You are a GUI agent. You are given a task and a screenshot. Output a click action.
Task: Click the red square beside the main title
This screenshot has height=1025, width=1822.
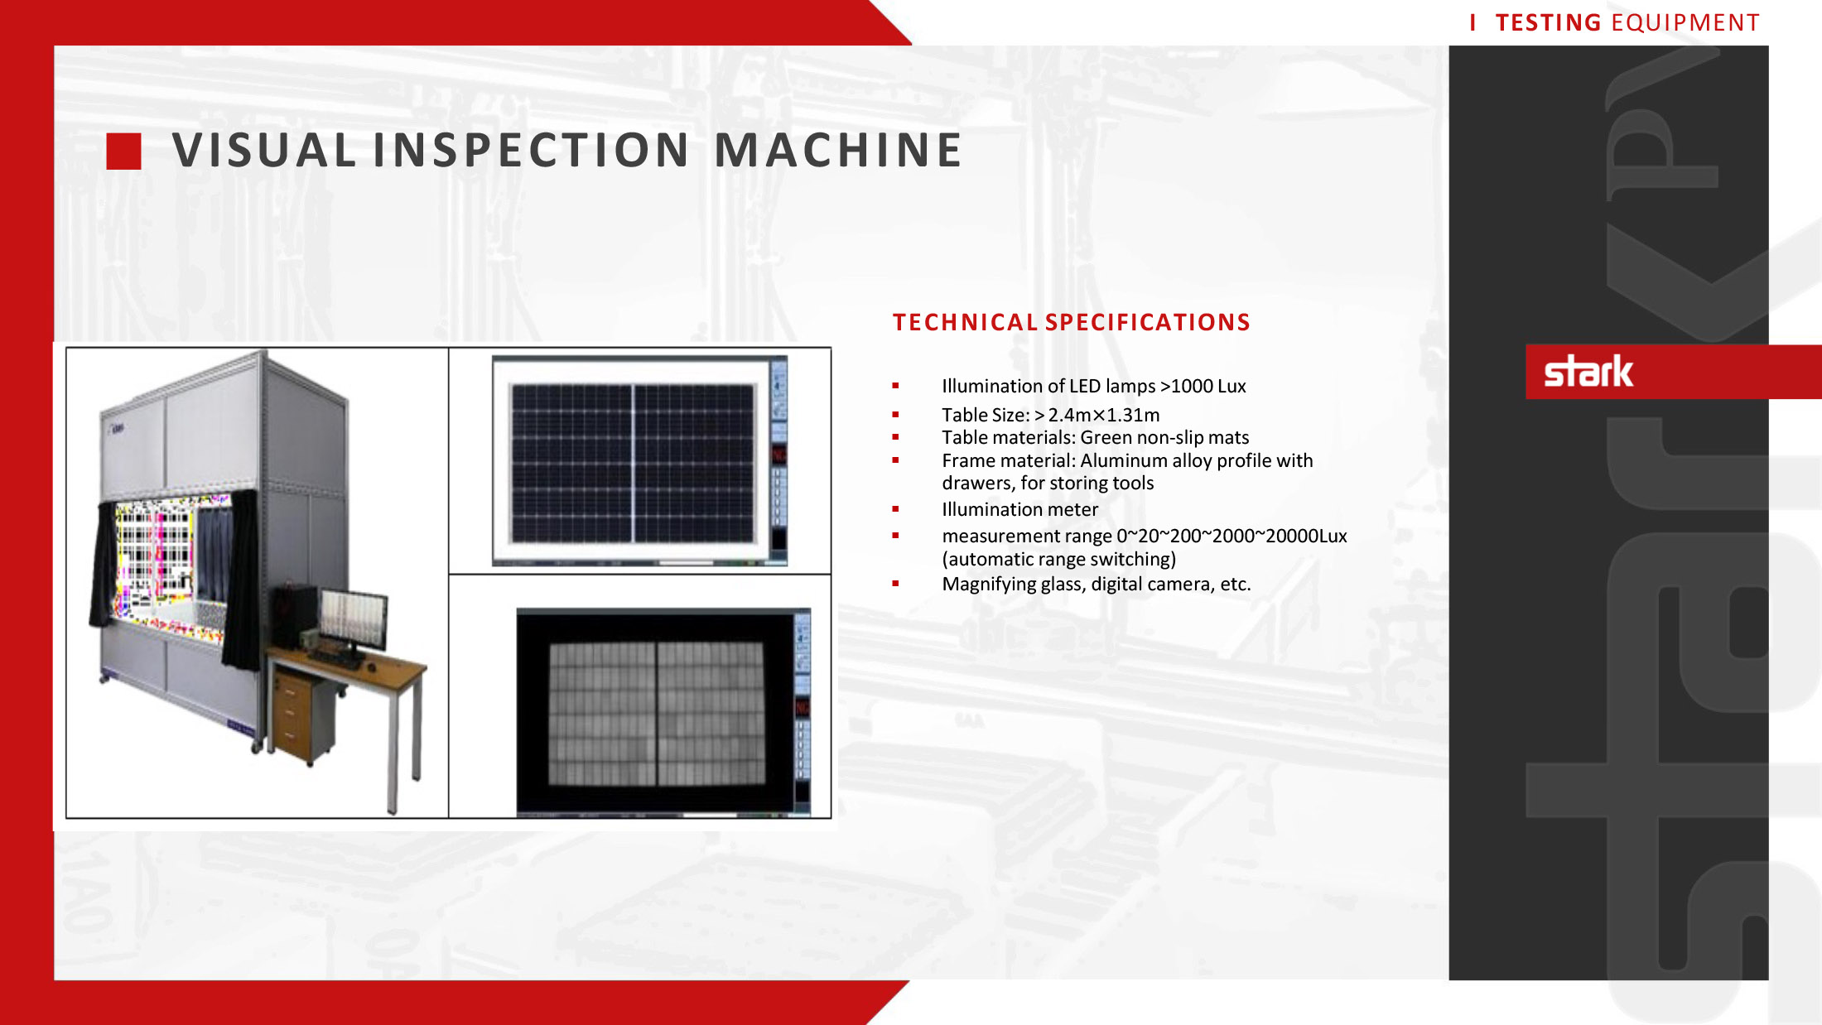[x=123, y=152]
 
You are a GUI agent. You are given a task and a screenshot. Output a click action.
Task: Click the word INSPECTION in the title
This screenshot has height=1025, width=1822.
[x=531, y=151]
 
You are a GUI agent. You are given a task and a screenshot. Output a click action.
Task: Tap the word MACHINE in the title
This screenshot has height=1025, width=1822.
[x=837, y=151]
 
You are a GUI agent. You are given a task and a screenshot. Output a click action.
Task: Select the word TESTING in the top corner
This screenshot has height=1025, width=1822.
[x=1548, y=22]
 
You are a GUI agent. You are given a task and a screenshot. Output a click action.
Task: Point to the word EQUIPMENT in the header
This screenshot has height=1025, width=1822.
[x=1685, y=22]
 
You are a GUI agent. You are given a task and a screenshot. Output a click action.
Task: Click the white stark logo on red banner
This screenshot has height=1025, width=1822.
[x=1588, y=372]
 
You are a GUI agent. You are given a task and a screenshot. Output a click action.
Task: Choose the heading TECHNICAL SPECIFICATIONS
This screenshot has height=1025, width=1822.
[x=1071, y=322]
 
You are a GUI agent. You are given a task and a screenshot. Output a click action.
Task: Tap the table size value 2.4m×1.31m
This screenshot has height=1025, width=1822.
[x=1104, y=415]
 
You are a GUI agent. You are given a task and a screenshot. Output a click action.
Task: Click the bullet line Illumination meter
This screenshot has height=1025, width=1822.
[x=1019, y=509]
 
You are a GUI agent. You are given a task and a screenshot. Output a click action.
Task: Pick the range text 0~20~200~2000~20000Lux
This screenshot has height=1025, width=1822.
[x=1232, y=536]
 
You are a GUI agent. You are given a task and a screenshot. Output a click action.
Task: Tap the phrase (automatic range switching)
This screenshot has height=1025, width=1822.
[x=1058, y=559]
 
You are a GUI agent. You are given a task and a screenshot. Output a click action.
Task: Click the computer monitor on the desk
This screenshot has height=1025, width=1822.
[x=354, y=619]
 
